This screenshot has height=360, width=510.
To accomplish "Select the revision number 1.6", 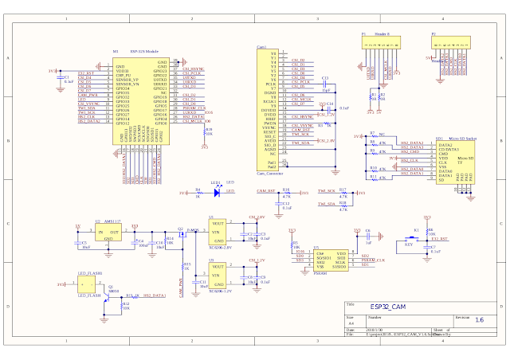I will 478,319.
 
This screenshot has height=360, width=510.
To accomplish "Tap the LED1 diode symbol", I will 216,192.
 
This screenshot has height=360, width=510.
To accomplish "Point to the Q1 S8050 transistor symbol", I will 112,291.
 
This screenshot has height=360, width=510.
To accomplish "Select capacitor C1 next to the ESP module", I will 63,79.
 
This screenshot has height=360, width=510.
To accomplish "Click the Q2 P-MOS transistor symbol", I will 182,232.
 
